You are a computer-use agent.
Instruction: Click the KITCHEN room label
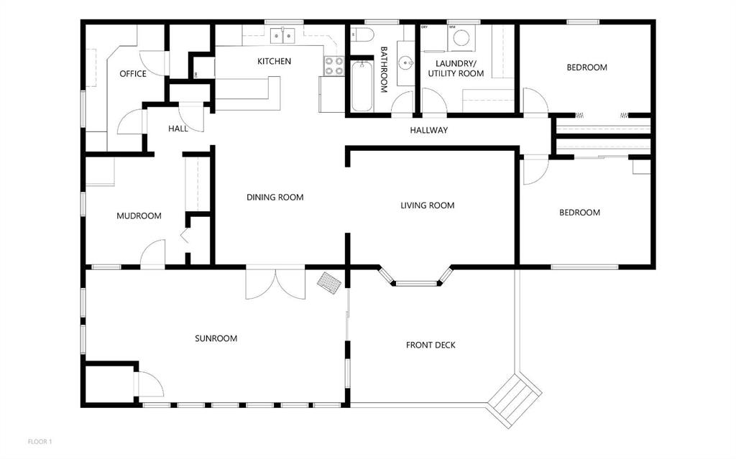click(274, 61)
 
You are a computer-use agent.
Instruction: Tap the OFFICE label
click(133, 74)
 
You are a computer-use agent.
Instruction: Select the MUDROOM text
click(139, 216)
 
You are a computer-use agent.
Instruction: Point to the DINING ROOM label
click(275, 197)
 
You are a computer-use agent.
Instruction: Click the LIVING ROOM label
click(427, 205)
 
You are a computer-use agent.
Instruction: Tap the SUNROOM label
click(216, 338)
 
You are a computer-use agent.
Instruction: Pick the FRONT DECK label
click(431, 345)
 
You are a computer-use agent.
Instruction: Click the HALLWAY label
click(429, 130)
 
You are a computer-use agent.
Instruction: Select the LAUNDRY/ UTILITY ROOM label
click(456, 68)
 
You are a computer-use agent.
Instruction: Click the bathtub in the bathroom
click(362, 86)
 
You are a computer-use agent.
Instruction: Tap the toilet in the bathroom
click(362, 34)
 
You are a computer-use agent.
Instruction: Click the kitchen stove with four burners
click(333, 65)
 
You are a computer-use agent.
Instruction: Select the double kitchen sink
click(282, 35)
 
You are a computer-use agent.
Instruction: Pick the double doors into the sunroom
click(275, 282)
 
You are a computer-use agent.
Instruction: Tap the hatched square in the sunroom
click(329, 284)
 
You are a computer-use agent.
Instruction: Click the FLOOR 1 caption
click(40, 442)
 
